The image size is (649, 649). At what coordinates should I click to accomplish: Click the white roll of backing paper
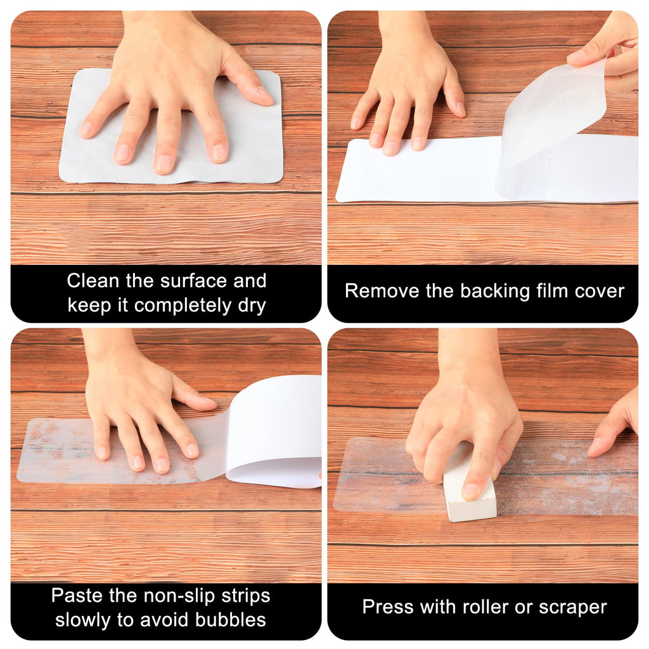coord(275,430)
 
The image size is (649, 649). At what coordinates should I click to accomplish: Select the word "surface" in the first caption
coord(193,281)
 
